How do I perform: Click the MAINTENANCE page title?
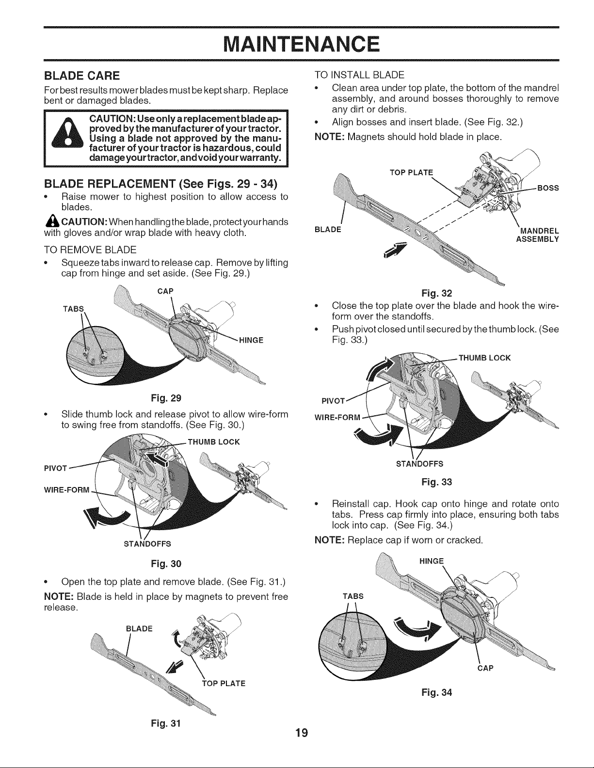301,45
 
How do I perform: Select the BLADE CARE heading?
81,76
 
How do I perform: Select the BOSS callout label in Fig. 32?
548,188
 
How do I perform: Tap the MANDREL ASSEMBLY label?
538,235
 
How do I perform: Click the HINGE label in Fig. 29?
251,340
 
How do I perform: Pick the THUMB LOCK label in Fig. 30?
213,442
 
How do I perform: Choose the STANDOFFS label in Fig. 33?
420,464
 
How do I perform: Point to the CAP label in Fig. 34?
485,668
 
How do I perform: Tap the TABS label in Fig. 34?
353,596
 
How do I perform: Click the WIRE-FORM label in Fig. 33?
337,417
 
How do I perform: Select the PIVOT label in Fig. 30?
55,469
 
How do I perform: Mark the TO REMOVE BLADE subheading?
90,250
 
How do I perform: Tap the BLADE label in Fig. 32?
328,229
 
